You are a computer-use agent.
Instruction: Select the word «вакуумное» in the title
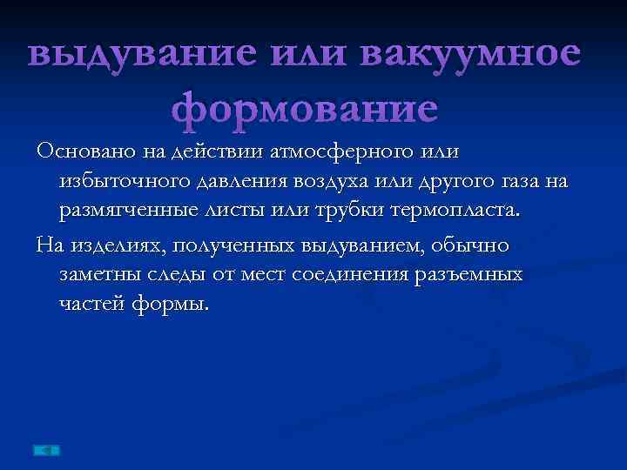click(x=470, y=54)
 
